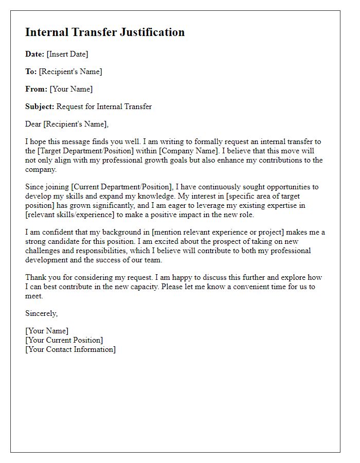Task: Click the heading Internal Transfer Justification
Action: (105, 32)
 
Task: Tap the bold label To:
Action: (31, 72)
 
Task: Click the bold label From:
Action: (36, 89)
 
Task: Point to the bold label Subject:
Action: (40, 106)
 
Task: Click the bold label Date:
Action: (34, 54)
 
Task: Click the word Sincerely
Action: (42, 313)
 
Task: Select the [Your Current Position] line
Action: (64, 340)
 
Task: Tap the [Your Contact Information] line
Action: (70, 349)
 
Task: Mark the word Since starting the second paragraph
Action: (35, 187)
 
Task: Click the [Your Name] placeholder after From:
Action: (71, 89)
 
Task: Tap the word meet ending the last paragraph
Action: (33, 296)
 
